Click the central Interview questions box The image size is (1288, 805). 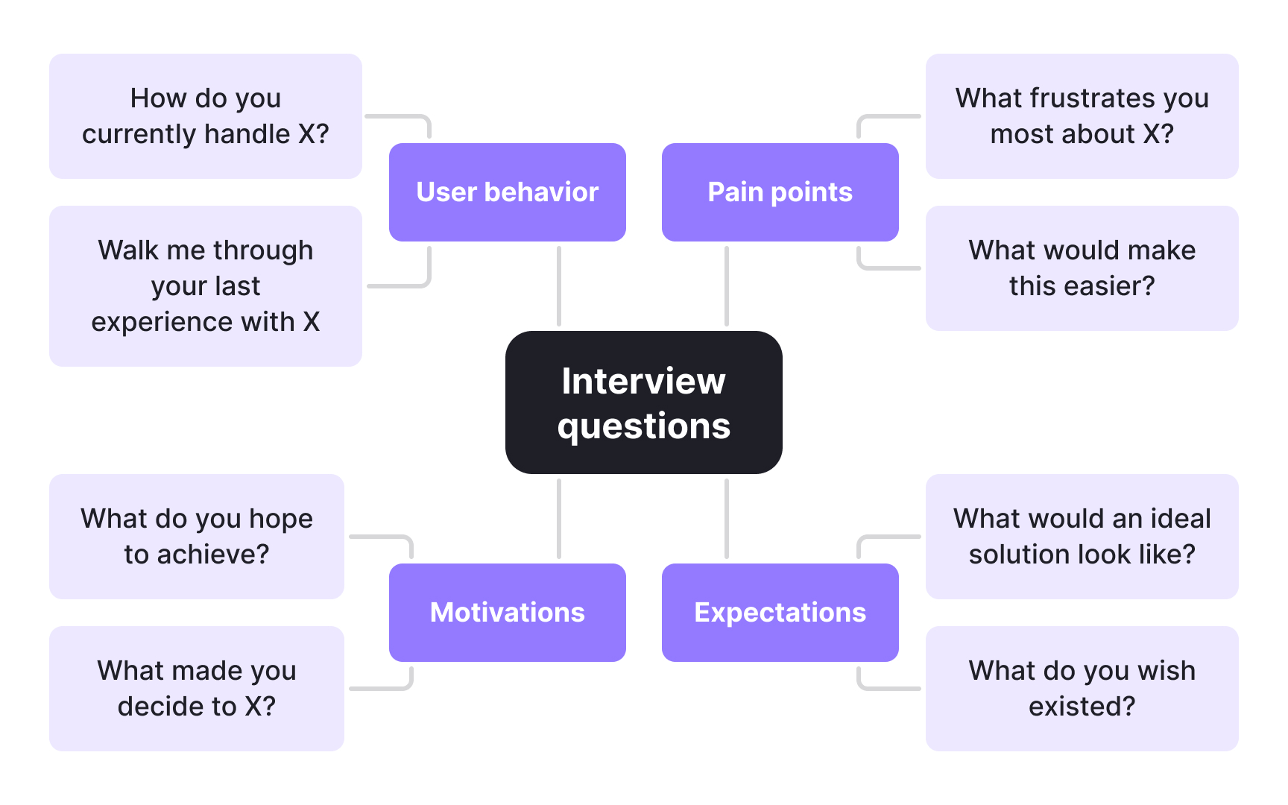pyautogui.click(x=643, y=402)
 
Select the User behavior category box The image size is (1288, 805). pyautogui.click(x=507, y=192)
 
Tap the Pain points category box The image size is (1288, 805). pyautogui.click(x=780, y=192)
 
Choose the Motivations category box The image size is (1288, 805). pyautogui.click(x=507, y=613)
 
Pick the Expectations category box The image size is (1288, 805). pyautogui.click(x=780, y=613)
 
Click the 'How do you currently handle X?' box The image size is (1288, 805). pyautogui.click(x=205, y=116)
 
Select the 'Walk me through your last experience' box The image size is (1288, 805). pyautogui.click(x=205, y=286)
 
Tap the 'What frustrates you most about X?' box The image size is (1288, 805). pyautogui.click(x=1082, y=116)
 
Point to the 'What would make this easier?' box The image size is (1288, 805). pyautogui.click(x=1082, y=268)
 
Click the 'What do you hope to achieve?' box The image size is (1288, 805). pyautogui.click(x=196, y=537)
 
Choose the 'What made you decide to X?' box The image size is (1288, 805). pyautogui.click(x=196, y=689)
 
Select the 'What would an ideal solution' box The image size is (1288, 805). pyautogui.click(x=1082, y=537)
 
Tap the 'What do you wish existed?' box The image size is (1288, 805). pyautogui.click(x=1082, y=689)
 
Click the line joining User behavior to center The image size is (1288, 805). pyautogui.click(x=559, y=286)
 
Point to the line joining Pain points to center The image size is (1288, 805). pyautogui.click(x=727, y=286)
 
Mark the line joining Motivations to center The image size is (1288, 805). pyautogui.click(x=559, y=519)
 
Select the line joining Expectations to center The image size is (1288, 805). pyautogui.click(x=727, y=519)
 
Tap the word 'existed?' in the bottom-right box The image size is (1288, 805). pyautogui.click(x=1082, y=707)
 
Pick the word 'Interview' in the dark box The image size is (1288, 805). pyautogui.click(x=643, y=382)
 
